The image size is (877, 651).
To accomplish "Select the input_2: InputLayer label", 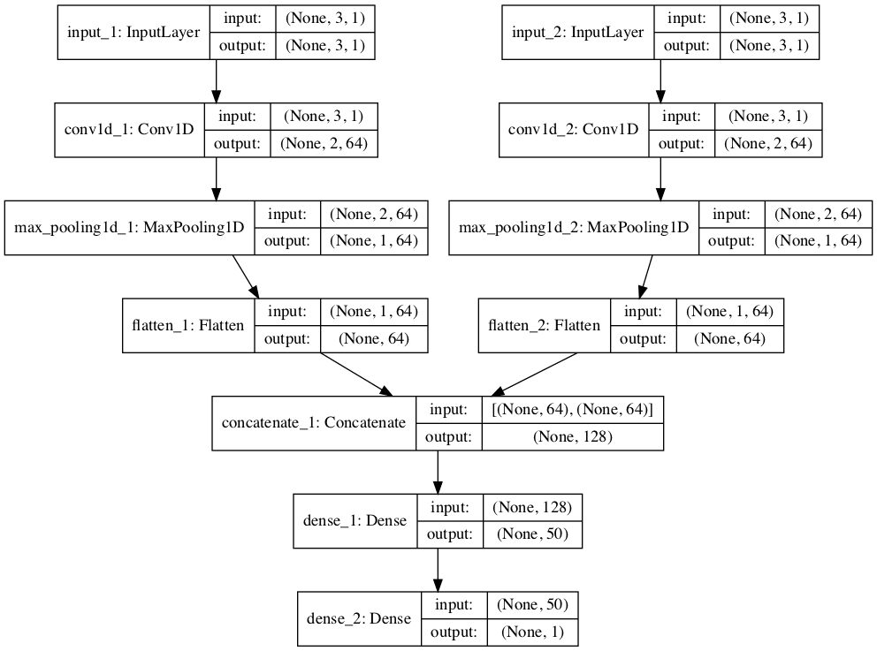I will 578,33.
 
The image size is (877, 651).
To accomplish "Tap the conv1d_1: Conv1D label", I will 129,130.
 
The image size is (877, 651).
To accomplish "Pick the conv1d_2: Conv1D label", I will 574,130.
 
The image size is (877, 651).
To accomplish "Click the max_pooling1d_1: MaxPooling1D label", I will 129,228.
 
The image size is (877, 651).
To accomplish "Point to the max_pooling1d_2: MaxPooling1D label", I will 574,228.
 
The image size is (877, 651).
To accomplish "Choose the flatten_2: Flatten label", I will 544,325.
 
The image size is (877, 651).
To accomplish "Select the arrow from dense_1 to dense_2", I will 437,570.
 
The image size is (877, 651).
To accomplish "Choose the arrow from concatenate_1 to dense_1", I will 437,472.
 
